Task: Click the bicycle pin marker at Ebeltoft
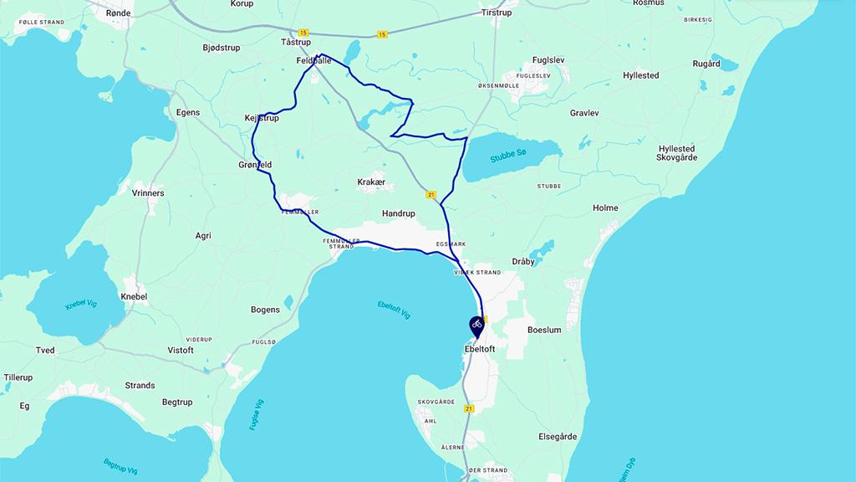click(476, 325)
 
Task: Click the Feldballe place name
click(313, 60)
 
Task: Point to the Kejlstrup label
click(261, 118)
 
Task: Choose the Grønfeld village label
click(255, 165)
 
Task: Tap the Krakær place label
click(371, 182)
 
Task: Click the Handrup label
click(398, 213)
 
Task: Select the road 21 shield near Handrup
click(431, 195)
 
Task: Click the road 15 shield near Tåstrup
click(303, 33)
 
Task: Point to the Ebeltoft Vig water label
click(394, 310)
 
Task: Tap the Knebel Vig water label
click(81, 303)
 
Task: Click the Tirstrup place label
click(496, 13)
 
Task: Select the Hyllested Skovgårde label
click(675, 153)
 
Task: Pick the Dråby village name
click(523, 261)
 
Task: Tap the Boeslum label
click(544, 330)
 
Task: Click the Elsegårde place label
click(558, 437)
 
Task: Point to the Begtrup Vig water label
click(120, 466)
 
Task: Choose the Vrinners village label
click(148, 192)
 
